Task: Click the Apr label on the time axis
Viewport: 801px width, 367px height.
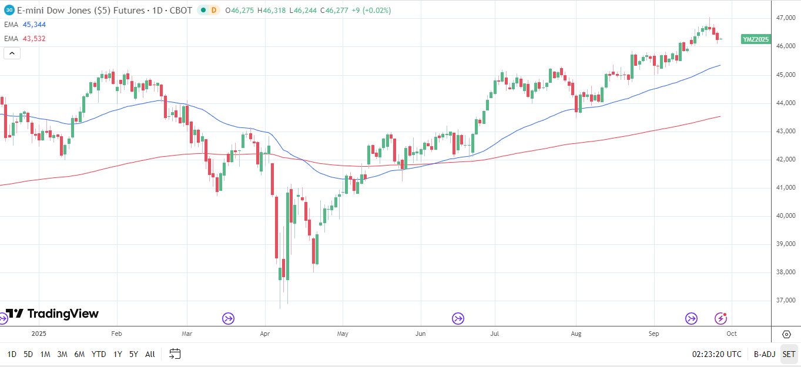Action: tap(265, 334)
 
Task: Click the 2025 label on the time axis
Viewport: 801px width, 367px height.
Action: tap(38, 334)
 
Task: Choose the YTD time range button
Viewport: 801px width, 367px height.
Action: tap(99, 354)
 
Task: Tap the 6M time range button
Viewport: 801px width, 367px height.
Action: tap(79, 354)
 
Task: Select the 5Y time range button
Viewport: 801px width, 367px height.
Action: tap(133, 354)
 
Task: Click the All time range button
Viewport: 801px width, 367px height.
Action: tap(150, 354)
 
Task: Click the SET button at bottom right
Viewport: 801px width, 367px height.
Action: tap(789, 354)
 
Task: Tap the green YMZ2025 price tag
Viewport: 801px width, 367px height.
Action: tap(756, 39)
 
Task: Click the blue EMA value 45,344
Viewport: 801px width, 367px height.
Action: tap(33, 24)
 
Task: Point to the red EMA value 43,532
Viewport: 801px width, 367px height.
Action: tap(33, 38)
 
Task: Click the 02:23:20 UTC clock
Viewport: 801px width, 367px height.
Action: tap(717, 354)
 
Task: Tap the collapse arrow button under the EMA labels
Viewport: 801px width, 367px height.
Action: tap(12, 53)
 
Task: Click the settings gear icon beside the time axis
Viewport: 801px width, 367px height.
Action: tap(786, 334)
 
